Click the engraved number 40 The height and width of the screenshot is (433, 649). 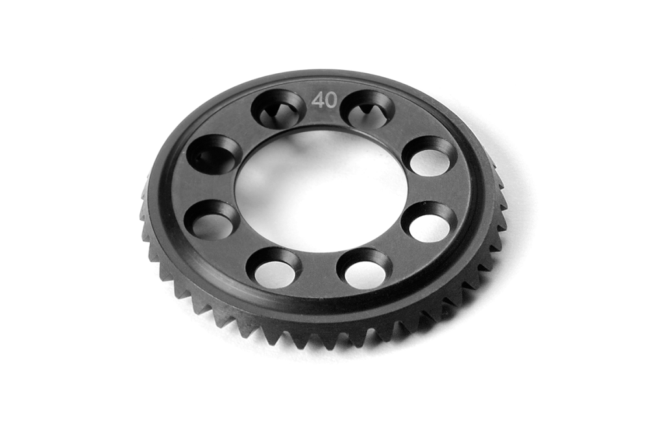(x=324, y=100)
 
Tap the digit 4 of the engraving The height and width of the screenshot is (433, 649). (x=318, y=100)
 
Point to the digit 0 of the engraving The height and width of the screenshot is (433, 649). (x=330, y=100)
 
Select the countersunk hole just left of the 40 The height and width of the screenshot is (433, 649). (x=278, y=109)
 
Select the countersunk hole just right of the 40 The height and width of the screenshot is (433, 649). (x=367, y=109)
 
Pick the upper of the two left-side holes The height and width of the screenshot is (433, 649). (x=214, y=154)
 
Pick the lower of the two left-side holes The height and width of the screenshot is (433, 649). (x=212, y=220)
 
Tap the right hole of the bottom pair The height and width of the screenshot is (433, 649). (x=364, y=268)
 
